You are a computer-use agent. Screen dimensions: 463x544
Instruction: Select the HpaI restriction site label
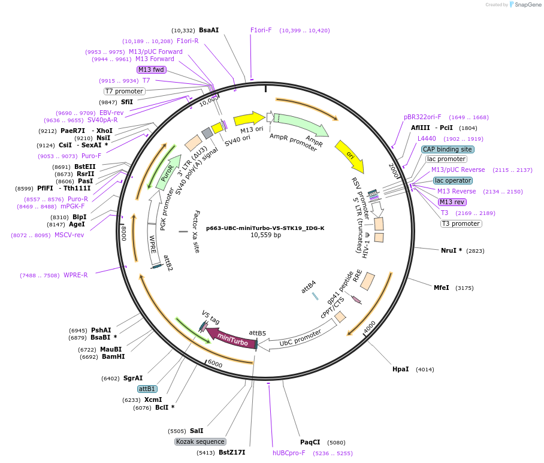click(x=400, y=369)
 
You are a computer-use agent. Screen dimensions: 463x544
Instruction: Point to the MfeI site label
click(x=441, y=288)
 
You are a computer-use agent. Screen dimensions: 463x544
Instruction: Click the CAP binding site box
click(x=448, y=149)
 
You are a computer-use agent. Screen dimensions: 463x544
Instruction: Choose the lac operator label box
click(x=452, y=180)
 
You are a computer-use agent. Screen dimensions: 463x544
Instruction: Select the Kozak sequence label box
click(x=200, y=441)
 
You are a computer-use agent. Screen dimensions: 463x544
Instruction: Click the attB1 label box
click(x=147, y=389)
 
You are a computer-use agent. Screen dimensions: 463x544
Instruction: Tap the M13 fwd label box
click(x=151, y=69)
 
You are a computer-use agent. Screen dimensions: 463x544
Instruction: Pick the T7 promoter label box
click(x=124, y=91)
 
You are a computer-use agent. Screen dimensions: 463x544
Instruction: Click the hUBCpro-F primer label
click(x=289, y=453)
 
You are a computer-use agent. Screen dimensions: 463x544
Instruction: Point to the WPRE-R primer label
click(x=75, y=275)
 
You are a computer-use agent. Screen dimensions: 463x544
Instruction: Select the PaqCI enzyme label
click(x=310, y=443)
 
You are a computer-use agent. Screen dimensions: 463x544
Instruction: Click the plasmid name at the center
click(x=265, y=228)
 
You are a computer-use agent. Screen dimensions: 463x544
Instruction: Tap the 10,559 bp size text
click(x=265, y=235)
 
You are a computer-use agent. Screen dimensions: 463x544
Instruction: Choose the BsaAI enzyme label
click(x=208, y=30)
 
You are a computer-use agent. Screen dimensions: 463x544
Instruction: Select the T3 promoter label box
click(x=461, y=223)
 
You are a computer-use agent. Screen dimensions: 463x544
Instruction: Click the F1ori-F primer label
click(x=261, y=30)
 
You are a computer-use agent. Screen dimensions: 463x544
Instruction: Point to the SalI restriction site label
click(x=197, y=431)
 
